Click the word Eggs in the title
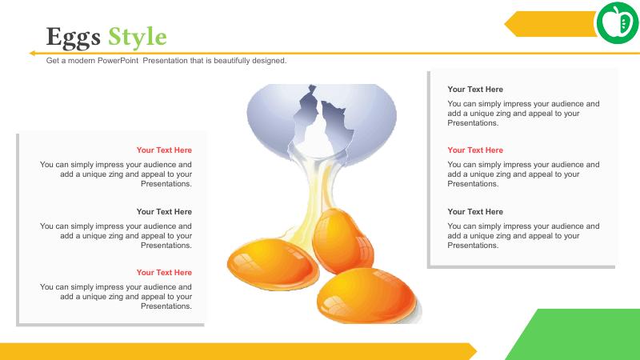pyautogui.click(x=73, y=38)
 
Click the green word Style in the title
pyautogui.click(x=138, y=38)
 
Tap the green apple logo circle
pyautogui.click(x=618, y=23)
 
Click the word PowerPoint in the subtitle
pyautogui.click(x=118, y=61)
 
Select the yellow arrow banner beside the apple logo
pyautogui.click(x=551, y=24)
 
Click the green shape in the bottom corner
pyautogui.click(x=575, y=334)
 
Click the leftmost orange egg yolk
pyautogui.click(x=273, y=264)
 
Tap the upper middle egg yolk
pyautogui.click(x=342, y=240)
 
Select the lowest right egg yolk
pyautogui.click(x=366, y=295)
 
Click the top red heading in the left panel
pyautogui.click(x=164, y=150)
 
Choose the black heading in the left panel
pyautogui.click(x=164, y=212)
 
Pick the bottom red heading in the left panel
pyautogui.click(x=164, y=273)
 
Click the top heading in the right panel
pyautogui.click(x=475, y=90)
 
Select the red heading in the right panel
pyautogui.click(x=475, y=150)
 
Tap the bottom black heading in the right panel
pyautogui.click(x=475, y=212)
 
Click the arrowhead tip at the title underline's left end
pyautogui.click(x=30, y=53)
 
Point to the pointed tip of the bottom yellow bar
pyautogui.click(x=476, y=351)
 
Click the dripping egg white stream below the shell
pyautogui.click(x=314, y=196)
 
